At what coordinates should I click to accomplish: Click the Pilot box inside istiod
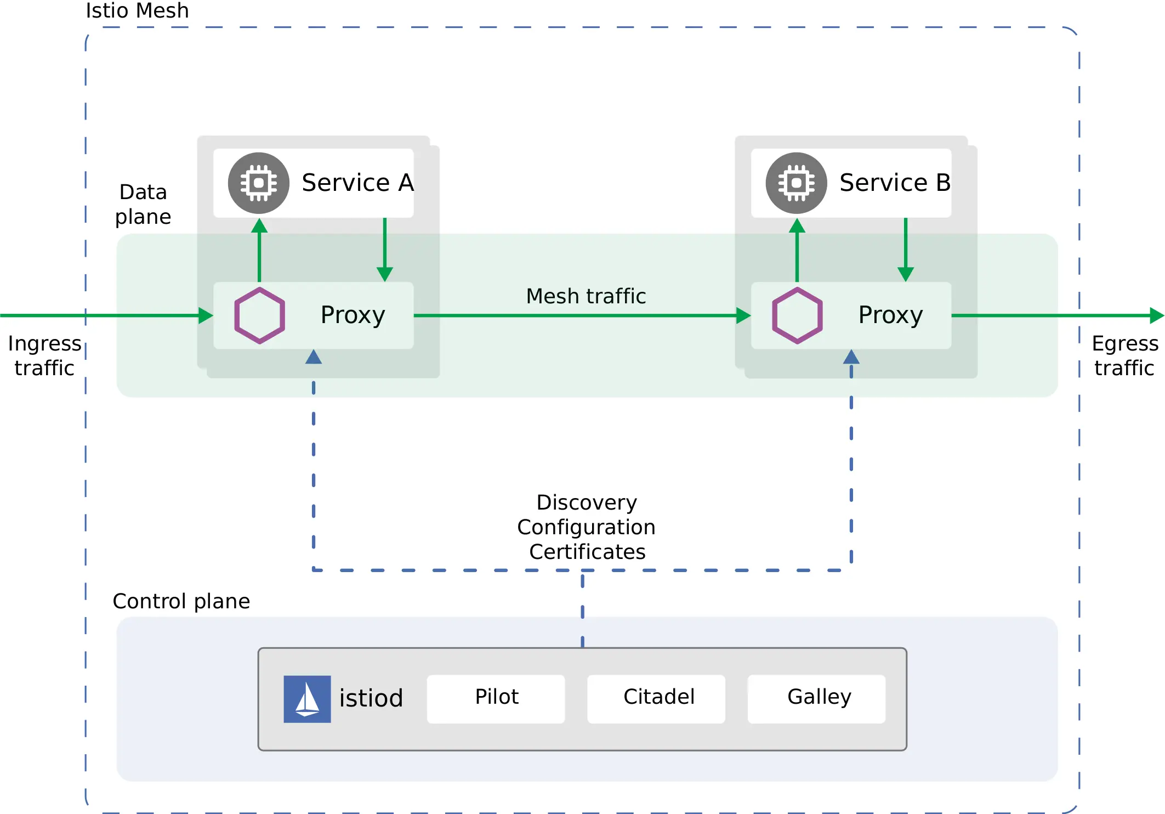[496, 698]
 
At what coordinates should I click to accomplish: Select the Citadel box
[656, 698]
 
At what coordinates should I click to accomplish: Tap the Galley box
[816, 698]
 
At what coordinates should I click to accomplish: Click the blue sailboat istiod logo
[307, 699]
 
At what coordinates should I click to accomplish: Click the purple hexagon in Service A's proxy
[259, 315]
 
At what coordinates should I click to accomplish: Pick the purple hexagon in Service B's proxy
[797, 315]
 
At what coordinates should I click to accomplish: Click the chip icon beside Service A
[259, 183]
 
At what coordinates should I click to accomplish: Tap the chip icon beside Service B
[796, 183]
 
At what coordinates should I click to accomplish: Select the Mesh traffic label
[586, 296]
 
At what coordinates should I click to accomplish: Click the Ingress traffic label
[44, 355]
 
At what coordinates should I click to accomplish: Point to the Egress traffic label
[1124, 355]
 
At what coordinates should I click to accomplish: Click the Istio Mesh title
[137, 11]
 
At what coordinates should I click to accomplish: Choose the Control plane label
[181, 601]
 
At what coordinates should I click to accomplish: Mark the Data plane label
[143, 204]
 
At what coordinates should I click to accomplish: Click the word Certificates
[587, 552]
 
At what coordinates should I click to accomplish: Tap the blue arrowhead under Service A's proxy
[314, 358]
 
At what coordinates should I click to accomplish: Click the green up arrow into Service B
[797, 250]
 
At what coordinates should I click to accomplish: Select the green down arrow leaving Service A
[385, 250]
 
